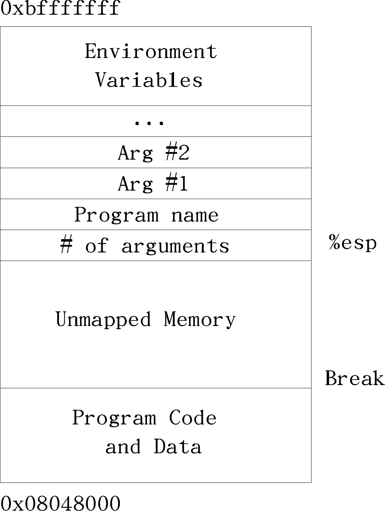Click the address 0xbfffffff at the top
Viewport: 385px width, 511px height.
coord(60,8)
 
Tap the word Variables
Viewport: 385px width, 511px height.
coord(149,79)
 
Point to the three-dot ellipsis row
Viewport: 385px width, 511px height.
coord(149,123)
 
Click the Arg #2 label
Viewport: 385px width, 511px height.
coord(154,153)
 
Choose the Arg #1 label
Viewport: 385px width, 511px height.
coord(153,184)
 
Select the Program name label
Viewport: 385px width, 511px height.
coord(146,215)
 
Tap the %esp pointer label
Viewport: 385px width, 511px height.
coord(353,242)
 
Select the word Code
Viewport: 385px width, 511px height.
coord(193,417)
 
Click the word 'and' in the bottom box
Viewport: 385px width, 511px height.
coord(123,446)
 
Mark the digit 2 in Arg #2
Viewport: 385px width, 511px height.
coord(183,152)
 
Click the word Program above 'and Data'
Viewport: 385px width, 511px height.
coord(114,418)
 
